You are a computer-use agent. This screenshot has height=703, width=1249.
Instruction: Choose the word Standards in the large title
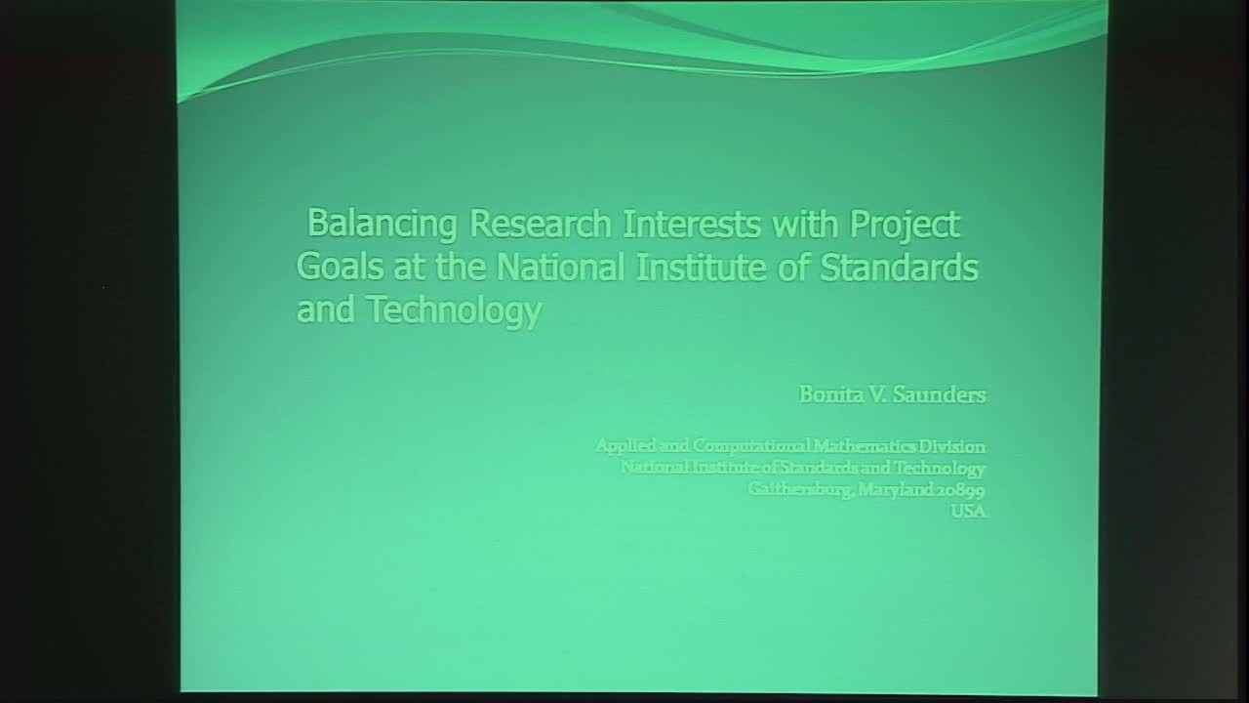[899, 267]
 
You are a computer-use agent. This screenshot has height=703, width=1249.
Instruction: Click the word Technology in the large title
[454, 310]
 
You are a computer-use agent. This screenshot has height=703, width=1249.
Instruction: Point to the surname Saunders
[941, 394]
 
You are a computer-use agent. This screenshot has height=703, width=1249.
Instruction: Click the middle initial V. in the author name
[878, 394]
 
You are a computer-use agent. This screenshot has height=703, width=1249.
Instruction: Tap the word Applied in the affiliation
[624, 446]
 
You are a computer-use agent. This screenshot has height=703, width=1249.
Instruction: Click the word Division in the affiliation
[953, 446]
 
